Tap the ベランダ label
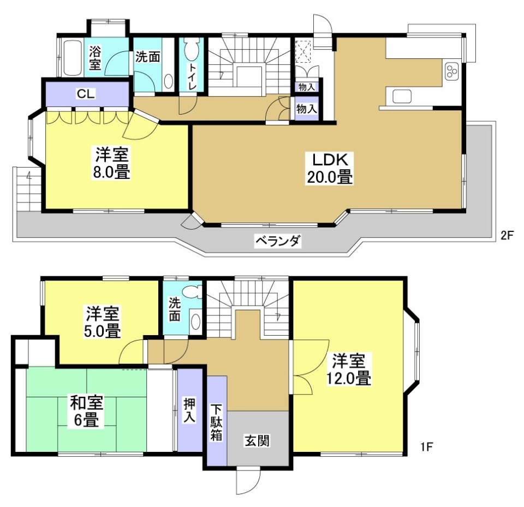click(278, 241)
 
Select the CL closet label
click(86, 93)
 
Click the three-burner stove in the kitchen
click(453, 71)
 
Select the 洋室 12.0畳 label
click(349, 369)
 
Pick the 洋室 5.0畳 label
click(103, 323)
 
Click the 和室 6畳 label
click(86, 411)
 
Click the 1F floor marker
click(426, 448)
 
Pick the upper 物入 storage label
click(306, 86)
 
